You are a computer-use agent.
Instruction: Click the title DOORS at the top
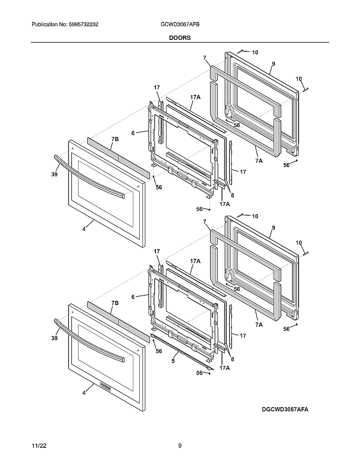coord(180,38)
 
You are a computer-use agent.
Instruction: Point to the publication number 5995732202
coord(83,25)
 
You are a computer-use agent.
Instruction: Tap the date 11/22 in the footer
coord(39,446)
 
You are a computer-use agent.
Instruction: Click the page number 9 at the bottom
coord(180,446)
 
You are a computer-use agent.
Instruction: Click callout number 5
coord(173,361)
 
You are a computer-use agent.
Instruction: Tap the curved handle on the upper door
coord(89,176)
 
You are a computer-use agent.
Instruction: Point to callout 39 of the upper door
coord(54,174)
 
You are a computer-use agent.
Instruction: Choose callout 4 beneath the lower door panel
coord(84,393)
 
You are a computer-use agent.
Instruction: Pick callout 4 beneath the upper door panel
coord(84,229)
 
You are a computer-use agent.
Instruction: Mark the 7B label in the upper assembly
coord(115,139)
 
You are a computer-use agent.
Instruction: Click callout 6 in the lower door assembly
coord(133,297)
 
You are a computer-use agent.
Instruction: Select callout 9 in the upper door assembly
coord(274,64)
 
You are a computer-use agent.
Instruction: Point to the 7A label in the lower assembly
coord(259,325)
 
